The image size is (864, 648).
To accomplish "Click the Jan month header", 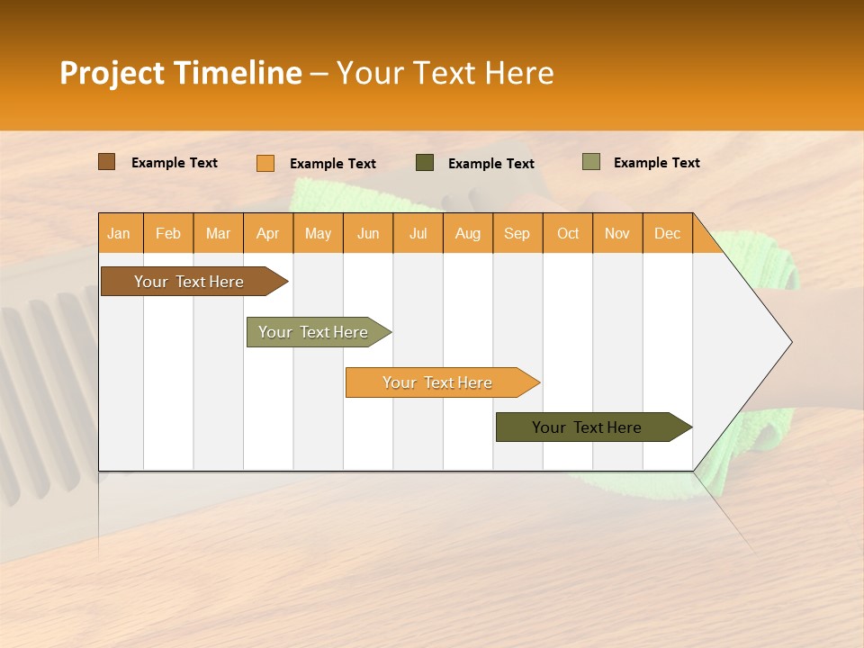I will click(x=120, y=233).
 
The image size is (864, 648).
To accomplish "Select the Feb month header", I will click(x=168, y=233).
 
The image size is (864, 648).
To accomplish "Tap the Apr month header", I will click(x=268, y=233).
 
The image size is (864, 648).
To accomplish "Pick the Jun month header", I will click(x=368, y=233).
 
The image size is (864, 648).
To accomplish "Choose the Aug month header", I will click(x=468, y=233).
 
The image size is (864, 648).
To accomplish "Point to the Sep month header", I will click(x=517, y=233).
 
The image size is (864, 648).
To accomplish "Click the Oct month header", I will click(x=568, y=233).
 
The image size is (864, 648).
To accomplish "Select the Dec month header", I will click(x=668, y=233).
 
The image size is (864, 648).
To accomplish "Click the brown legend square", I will click(x=107, y=162).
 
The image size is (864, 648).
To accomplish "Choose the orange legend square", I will click(x=265, y=163).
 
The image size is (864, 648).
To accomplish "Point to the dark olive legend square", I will click(x=425, y=163).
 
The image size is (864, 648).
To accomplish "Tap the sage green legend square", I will click(x=591, y=162).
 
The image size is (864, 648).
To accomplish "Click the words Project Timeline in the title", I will click(x=181, y=73).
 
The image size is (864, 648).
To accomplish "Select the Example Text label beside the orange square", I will click(x=333, y=164).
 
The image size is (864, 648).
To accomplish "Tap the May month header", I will click(x=318, y=233).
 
